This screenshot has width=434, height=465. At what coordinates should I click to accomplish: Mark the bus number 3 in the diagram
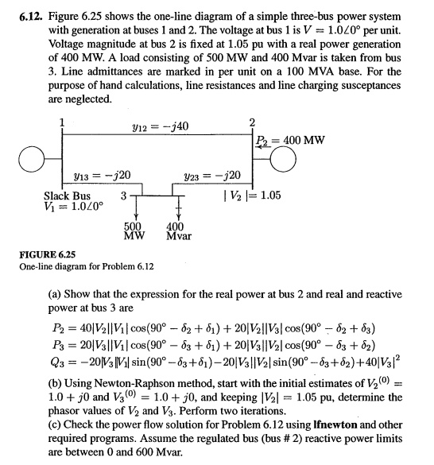click(x=122, y=196)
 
